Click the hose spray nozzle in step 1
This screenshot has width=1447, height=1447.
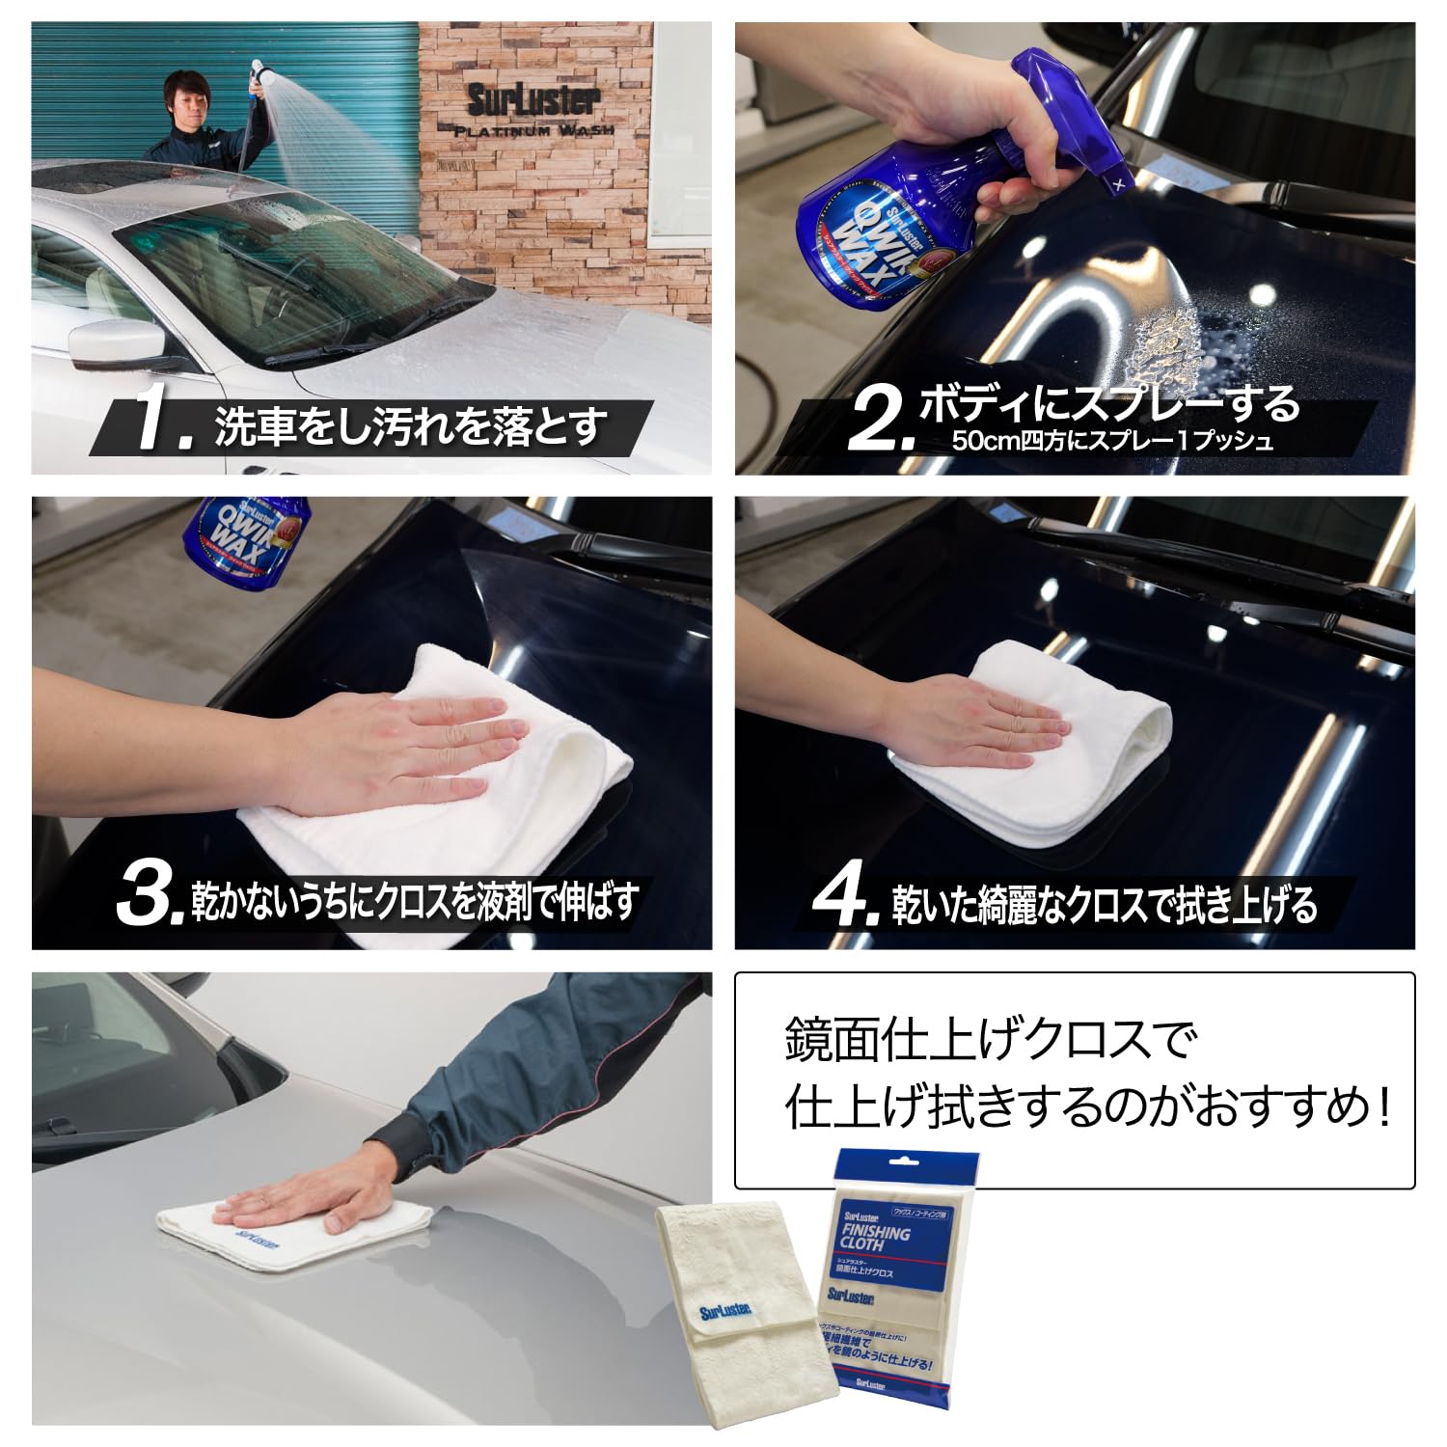click(x=258, y=71)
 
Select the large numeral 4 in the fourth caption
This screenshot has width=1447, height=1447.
click(x=842, y=898)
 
